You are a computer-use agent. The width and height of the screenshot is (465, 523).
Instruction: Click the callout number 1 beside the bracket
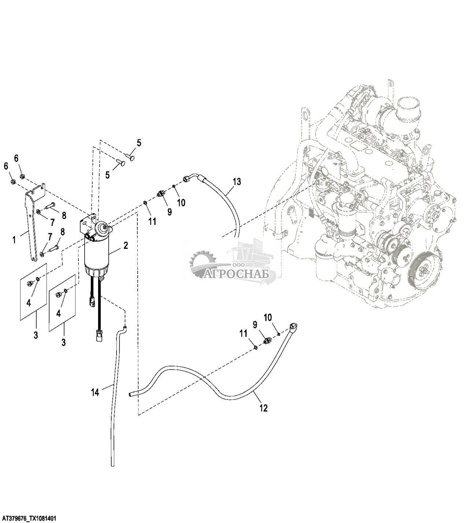(x=14, y=240)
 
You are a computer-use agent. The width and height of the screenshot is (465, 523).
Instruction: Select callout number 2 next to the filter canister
(x=126, y=245)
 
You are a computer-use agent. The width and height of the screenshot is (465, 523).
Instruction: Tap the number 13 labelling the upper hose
(x=237, y=181)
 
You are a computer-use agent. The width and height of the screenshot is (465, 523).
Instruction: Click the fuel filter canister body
(x=97, y=256)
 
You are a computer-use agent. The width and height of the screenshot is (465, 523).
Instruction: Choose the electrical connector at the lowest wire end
(x=99, y=336)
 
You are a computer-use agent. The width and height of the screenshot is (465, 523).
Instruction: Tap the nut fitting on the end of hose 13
(x=186, y=178)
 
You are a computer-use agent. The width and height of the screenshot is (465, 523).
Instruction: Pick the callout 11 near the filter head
(x=152, y=221)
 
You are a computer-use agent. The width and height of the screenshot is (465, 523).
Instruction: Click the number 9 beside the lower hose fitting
(x=255, y=324)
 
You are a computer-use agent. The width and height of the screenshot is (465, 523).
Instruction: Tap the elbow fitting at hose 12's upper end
(x=294, y=326)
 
